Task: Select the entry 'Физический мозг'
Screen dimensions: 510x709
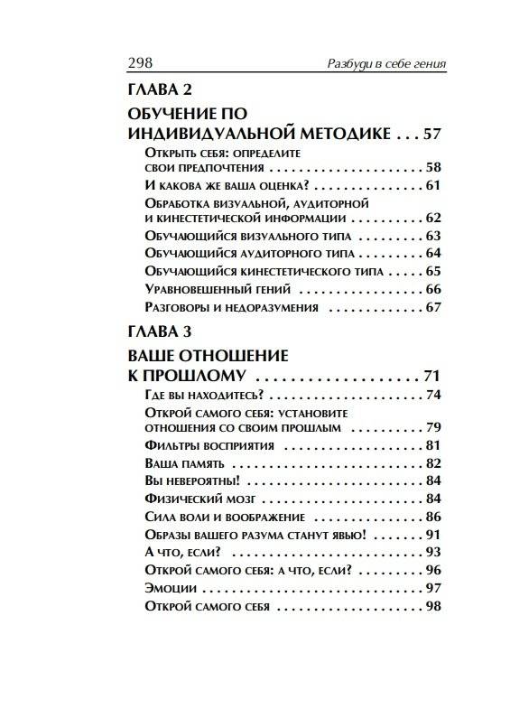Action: (193, 498)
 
